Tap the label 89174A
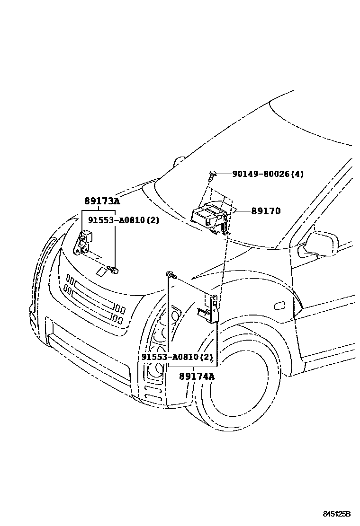point(197,377)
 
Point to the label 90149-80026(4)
point(268,174)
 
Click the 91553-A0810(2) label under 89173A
point(123,220)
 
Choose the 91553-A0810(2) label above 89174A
point(177,357)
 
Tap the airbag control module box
point(208,215)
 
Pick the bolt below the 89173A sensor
point(114,270)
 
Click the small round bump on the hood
point(180,161)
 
